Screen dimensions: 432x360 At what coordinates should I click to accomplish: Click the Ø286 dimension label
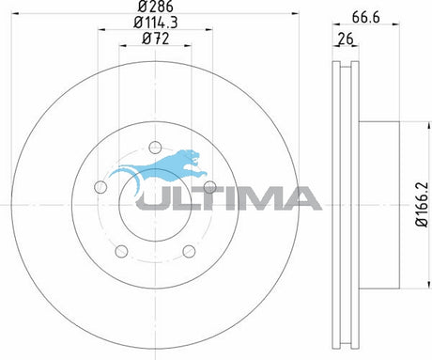coord(156,6)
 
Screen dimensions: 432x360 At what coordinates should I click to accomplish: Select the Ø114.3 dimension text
coord(156,23)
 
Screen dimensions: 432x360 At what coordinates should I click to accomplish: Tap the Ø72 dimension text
coord(156,39)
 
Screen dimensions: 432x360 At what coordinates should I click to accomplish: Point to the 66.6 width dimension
coord(365,17)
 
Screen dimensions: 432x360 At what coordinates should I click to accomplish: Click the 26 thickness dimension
coord(346,39)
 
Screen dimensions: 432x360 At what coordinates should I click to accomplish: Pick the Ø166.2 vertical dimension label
coord(422,204)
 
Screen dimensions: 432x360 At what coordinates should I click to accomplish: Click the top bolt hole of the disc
coord(155,148)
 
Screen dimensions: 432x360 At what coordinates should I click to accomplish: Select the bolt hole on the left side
coord(100,187)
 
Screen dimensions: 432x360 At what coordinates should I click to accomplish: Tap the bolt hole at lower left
coord(121,251)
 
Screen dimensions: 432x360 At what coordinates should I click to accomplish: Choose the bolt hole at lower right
coord(189,251)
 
